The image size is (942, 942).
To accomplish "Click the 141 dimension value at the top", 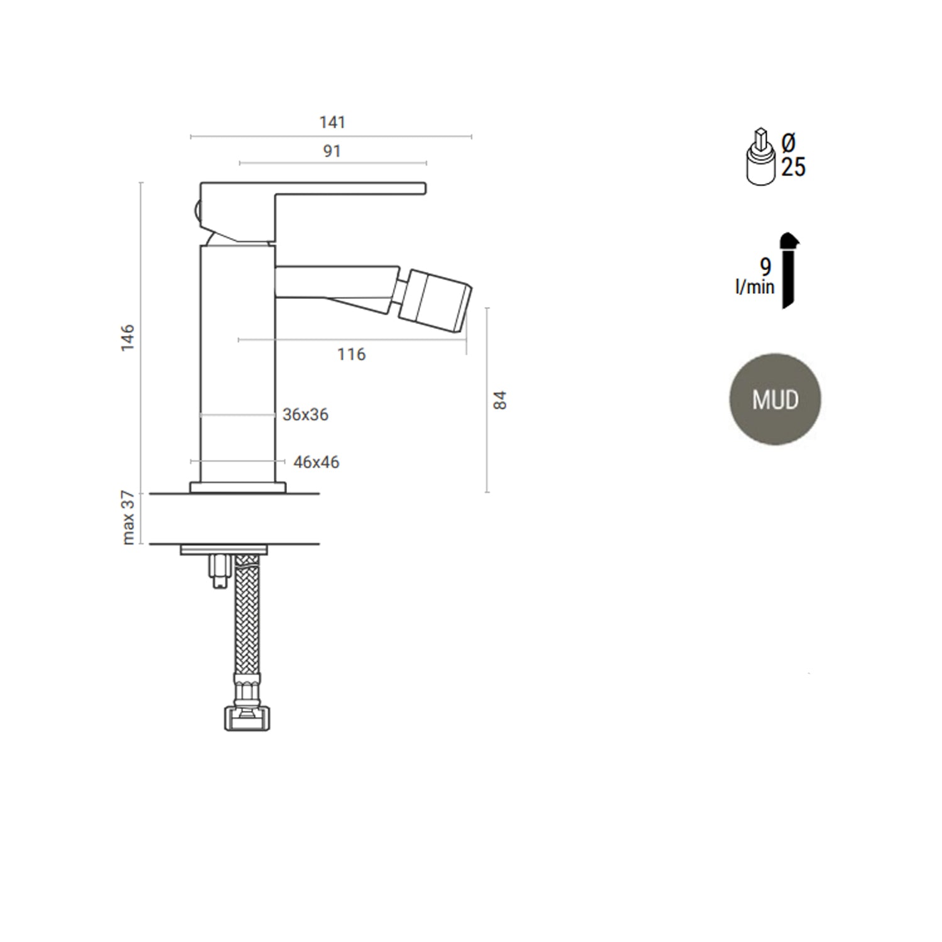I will pos(332,122).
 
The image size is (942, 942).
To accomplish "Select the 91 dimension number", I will pos(332,151).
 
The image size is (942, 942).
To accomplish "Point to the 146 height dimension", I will pos(128,337).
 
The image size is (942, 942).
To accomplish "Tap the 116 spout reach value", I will pos(351,355).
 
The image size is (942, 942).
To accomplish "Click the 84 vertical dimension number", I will pos(500,400).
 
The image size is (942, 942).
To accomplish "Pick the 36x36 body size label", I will pos(305,415).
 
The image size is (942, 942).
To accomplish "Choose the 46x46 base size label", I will pos(316,463).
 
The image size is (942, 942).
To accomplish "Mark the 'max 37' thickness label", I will pos(128,518).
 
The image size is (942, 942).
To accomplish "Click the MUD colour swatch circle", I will pos(775,399).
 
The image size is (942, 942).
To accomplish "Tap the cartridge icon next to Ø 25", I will pos(761,159).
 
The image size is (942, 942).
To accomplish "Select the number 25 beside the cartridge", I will pos(793,167).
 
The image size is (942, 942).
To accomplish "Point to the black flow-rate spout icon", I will pos(789,270).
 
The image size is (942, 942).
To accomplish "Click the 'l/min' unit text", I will pos(755,288).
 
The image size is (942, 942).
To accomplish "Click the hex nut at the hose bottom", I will pos(247,718).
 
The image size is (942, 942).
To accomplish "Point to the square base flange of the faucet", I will pos(238,487).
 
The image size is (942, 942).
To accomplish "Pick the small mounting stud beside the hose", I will pos(220,571).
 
